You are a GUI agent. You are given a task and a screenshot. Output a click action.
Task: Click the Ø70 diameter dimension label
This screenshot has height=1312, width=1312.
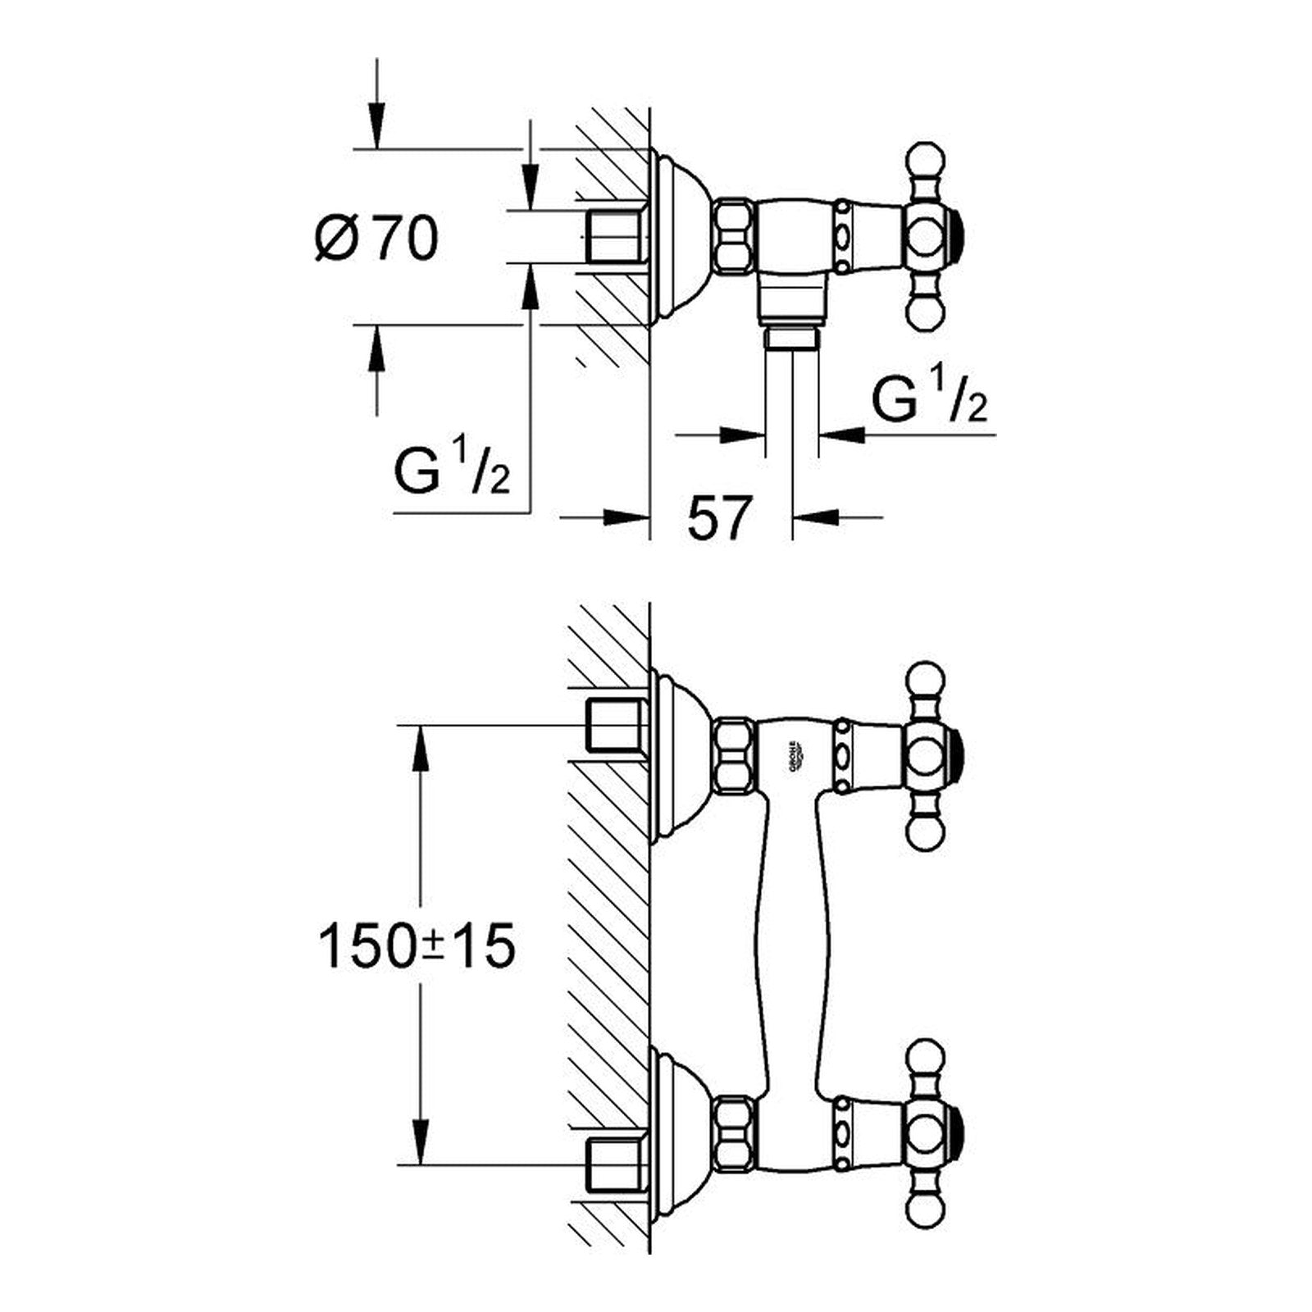(376, 239)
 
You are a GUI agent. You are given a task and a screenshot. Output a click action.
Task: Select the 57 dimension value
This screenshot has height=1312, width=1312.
(719, 518)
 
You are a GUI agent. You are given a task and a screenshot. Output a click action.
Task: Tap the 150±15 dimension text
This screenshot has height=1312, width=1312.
(417, 946)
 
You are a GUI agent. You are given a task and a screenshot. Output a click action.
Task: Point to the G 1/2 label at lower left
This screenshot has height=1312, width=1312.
(452, 467)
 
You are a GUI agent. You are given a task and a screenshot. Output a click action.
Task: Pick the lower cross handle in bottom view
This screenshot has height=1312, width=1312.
(933, 1133)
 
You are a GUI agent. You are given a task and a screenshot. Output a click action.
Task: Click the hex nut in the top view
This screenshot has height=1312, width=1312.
(735, 236)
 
